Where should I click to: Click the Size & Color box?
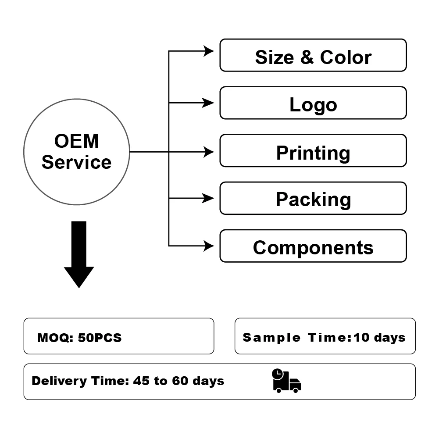pos(313,55)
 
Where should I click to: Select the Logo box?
pos(313,103)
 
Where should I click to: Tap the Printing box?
pos(313,151)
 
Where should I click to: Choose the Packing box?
pos(313,199)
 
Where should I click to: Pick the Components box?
pos(313,246)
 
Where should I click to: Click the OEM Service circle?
pos(76,152)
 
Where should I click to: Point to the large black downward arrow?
pos(79,254)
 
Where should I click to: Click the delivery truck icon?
pos(287,381)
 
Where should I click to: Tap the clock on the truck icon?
pos(278,374)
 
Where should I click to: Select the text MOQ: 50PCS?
pos(79,338)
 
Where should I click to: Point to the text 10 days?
pos(379,338)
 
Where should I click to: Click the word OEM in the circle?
pos(76,142)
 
